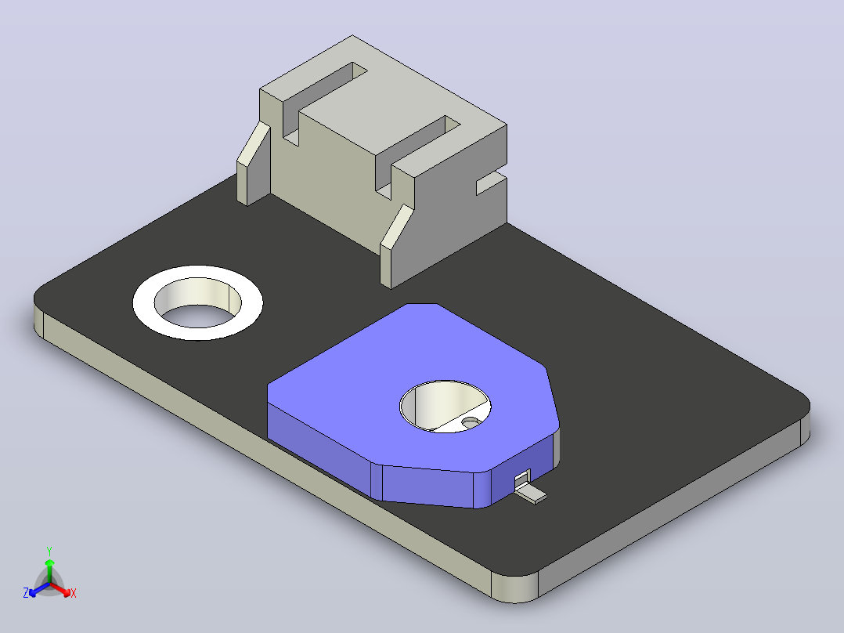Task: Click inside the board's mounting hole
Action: coord(197,302)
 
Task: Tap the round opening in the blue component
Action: coord(445,406)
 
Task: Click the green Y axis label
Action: coord(49,552)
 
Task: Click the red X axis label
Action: coord(74,593)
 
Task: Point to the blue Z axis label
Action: coord(26,593)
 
